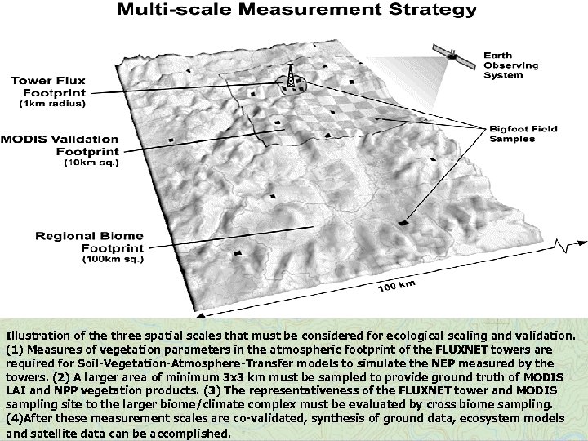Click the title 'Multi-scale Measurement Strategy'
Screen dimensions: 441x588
296,11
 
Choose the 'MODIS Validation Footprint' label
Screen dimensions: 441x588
61,145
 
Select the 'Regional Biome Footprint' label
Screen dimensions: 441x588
90,242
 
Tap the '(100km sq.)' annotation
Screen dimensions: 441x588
112,260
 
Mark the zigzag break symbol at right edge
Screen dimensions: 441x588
563,245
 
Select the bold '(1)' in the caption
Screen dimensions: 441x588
15,350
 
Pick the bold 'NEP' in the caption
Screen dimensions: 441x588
443,363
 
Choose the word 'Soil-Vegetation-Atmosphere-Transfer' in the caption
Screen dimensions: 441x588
153,363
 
